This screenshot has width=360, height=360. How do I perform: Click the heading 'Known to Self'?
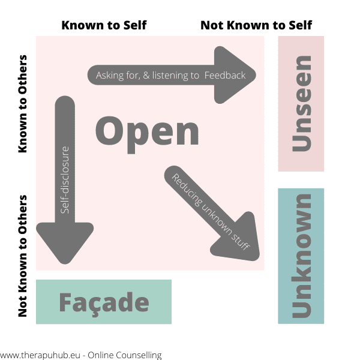[104, 25]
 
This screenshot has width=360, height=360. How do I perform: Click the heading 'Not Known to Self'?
[256, 25]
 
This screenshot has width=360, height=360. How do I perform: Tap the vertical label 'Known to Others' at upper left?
[23, 104]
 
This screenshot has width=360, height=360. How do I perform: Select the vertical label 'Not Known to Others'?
[23, 256]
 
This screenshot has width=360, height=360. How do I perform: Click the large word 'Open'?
[148, 131]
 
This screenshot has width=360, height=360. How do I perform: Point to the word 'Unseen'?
[301, 103]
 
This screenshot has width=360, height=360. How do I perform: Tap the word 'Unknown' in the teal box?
[301, 256]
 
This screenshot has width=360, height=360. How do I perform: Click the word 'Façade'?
[104, 302]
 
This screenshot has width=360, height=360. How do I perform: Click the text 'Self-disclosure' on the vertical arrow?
[65, 180]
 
